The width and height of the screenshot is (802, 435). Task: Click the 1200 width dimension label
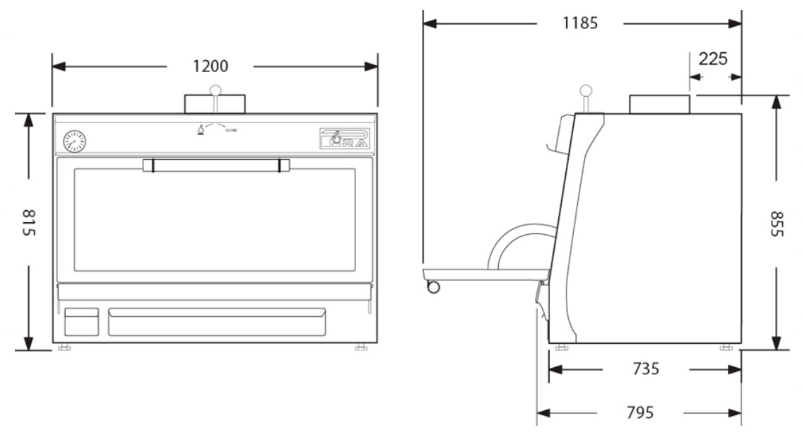(210, 67)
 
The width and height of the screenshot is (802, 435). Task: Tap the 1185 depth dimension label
(579, 23)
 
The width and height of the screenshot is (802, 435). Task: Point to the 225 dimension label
(713, 59)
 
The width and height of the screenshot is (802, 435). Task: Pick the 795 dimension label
(639, 412)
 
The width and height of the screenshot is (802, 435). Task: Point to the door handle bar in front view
(216, 166)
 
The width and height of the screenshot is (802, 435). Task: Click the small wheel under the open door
(433, 286)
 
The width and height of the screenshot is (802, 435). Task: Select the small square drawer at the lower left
(82, 322)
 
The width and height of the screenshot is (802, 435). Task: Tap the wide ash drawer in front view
(217, 322)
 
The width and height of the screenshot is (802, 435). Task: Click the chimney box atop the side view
(659, 105)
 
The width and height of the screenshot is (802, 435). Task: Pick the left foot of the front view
(64, 347)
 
